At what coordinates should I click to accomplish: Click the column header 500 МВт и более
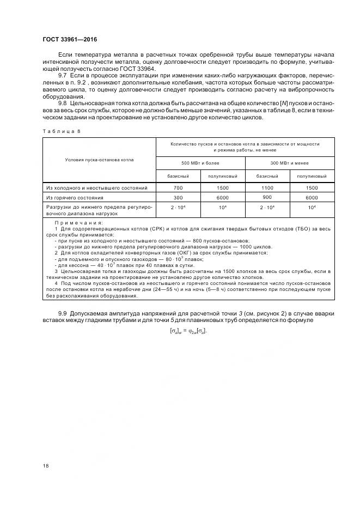click(200, 162)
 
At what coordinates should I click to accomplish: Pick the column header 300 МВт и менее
click(290, 162)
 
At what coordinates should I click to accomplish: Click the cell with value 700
click(178, 187)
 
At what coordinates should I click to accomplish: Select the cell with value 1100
click(267, 187)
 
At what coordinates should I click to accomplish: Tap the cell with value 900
click(267, 197)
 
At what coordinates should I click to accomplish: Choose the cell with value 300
click(178, 198)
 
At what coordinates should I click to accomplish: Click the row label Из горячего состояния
click(75, 198)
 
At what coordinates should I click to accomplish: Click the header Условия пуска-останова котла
click(99, 160)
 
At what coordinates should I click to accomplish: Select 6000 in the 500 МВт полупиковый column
click(223, 198)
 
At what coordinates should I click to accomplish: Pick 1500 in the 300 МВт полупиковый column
click(312, 187)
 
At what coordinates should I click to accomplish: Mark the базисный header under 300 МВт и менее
click(267, 176)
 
